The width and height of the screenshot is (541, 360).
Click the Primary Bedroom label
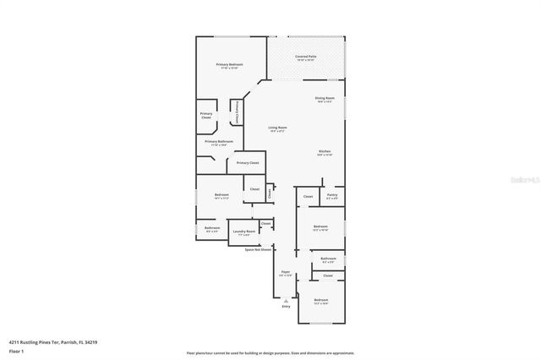point(229,64)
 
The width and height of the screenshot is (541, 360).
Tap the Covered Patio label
point(305,57)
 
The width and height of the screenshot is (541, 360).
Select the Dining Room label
point(325,98)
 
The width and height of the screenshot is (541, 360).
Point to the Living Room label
point(277,128)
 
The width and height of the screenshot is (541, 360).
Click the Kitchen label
point(325,151)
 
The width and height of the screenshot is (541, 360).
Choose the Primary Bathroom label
point(218,141)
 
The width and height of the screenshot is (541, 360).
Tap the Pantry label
point(332,195)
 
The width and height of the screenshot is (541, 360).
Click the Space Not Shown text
point(258,249)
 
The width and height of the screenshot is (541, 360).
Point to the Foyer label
point(286,272)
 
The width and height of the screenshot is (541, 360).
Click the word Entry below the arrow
point(286,307)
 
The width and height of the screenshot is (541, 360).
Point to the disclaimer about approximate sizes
point(270,352)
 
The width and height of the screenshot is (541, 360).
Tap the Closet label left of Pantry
point(308,196)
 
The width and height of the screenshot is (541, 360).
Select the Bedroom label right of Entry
point(321,300)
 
